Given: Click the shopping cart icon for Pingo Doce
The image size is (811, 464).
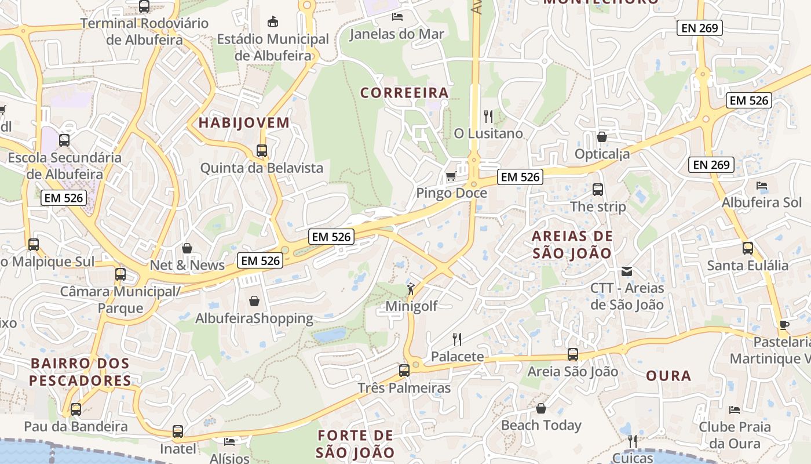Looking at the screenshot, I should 451,176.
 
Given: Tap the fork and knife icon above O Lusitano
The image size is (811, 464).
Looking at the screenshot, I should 488,117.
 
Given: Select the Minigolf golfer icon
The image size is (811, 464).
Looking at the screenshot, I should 411,288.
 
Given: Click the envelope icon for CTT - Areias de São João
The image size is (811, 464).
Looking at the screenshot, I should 627,271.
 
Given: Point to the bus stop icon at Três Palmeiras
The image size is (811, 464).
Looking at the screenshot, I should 404,370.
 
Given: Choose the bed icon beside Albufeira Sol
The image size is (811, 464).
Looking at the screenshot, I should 762,186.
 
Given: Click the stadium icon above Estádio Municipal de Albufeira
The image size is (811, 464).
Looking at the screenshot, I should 273,22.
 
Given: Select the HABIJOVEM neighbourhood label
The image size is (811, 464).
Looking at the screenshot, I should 244,122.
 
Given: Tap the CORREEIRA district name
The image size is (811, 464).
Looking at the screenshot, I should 404,93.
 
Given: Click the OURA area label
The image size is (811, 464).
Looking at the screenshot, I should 668,375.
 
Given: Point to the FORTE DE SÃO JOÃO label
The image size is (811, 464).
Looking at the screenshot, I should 356,444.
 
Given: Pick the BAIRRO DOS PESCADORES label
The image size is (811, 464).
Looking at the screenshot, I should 80,372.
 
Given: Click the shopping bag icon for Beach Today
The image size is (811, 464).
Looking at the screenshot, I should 541,408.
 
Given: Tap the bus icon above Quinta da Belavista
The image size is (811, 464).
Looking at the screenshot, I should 262,151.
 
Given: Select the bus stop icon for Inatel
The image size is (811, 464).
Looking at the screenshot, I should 178,432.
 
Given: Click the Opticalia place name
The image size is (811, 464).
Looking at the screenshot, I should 602,154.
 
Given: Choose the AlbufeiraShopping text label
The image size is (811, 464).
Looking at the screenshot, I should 254,318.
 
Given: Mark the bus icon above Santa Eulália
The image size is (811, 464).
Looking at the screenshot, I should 748,248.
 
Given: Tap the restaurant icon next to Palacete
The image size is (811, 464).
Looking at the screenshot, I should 457,339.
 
